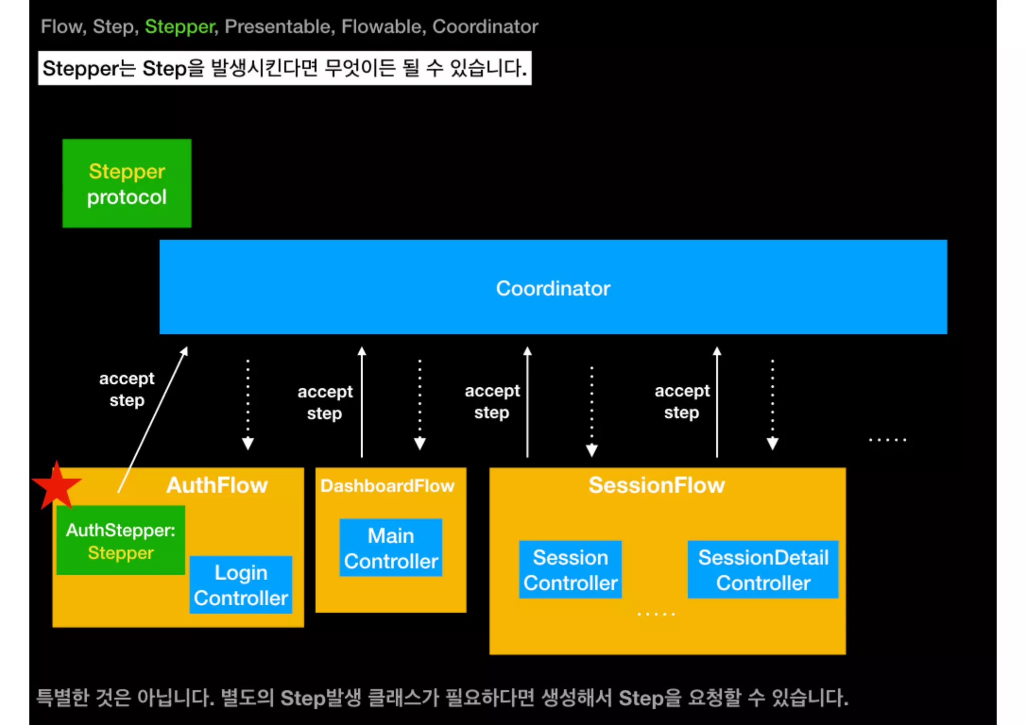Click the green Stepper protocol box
127,183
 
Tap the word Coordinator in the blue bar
553,289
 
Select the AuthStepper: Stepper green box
121,541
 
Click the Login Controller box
240,585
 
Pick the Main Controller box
391,548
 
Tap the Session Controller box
570,570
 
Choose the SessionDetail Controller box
763,570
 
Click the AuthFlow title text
217,485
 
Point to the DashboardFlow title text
387,486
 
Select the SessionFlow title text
656,485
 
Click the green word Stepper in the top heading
180,27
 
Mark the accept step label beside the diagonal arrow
127,389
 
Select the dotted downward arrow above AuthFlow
248,404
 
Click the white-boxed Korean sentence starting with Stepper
285,68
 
